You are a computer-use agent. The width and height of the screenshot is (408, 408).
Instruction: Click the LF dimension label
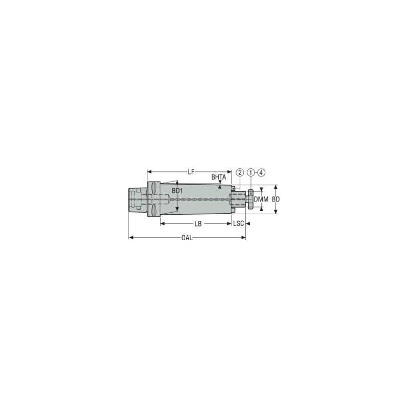point(191,172)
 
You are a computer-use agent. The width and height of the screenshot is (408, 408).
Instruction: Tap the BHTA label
point(218,177)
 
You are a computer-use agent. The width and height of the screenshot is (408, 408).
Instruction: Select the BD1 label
point(177,191)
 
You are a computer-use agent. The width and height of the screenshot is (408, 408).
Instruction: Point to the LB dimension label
point(197,224)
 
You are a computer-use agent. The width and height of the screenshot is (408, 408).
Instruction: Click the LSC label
point(239,224)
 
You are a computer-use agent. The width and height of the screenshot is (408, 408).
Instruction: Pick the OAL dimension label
point(187,238)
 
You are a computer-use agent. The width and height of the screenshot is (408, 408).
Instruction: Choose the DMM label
point(261,199)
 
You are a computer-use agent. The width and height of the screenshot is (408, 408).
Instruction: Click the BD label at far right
point(276,199)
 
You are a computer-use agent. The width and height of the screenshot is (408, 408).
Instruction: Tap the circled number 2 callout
point(240,173)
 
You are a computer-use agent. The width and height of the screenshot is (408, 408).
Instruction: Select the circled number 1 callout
point(251,173)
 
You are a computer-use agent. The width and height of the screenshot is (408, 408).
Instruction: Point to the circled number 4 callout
point(262,173)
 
